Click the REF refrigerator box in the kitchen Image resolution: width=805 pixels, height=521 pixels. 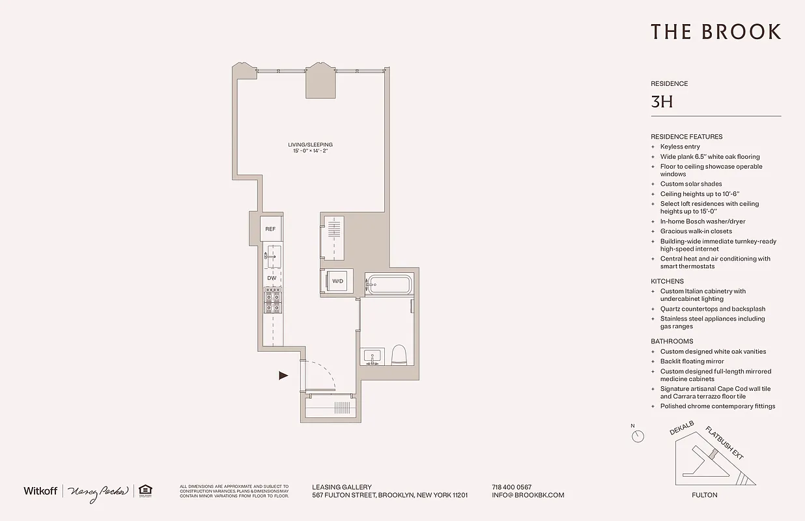270,229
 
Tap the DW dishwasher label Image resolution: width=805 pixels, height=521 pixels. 272,278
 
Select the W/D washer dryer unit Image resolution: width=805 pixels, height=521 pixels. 337,281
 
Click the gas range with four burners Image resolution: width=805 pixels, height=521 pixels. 273,300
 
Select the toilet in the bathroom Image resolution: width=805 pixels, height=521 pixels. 399,356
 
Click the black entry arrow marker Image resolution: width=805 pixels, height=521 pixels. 283,375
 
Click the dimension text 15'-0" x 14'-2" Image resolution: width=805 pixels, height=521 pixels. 310,152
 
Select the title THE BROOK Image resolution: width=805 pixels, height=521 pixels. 715,32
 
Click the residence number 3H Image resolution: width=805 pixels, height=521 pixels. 661,102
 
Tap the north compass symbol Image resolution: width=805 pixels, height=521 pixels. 638,436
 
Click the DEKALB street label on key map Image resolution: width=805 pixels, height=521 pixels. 681,428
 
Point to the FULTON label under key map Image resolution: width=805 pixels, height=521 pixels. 704,495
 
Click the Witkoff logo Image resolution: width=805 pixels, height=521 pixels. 40,490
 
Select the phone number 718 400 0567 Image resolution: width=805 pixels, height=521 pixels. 511,487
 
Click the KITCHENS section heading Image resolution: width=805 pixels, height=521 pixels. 667,281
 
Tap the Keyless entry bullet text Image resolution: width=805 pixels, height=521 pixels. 680,147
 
